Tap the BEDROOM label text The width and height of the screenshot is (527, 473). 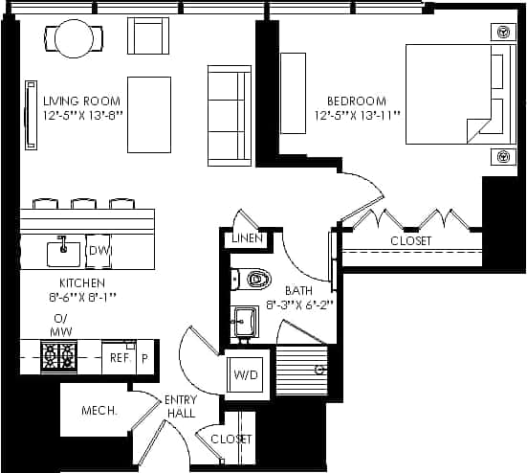(356, 101)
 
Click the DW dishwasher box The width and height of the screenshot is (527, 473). (99, 251)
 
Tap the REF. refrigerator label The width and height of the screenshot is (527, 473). (119, 356)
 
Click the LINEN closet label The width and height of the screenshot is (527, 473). (246, 238)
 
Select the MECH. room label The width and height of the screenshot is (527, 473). (99, 410)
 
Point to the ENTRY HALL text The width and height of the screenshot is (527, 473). (180, 406)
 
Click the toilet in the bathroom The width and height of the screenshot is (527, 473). (253, 280)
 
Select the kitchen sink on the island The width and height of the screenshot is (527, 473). (64, 252)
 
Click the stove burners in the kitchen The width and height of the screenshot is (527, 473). (57, 357)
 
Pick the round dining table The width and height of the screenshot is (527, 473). (72, 38)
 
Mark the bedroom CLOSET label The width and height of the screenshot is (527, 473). (410, 241)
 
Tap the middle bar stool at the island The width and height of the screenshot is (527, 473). (83, 203)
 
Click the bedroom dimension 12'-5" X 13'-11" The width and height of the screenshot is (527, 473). (357, 115)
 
